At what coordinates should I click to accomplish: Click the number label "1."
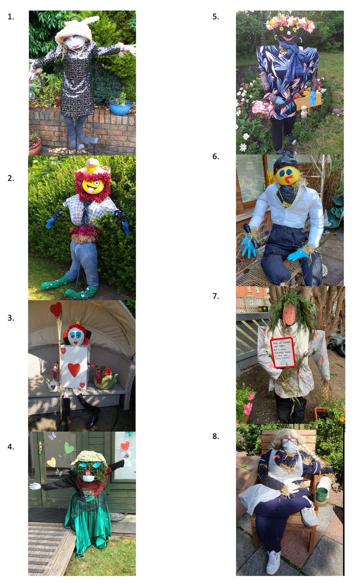(x=11, y=16)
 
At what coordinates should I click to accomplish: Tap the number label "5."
(x=216, y=16)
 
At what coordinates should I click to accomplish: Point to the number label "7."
(x=216, y=296)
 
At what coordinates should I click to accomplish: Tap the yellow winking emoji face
(x=93, y=186)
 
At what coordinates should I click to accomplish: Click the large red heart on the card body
(x=74, y=369)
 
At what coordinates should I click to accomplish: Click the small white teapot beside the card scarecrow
(x=52, y=385)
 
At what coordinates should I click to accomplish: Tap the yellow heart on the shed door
(x=52, y=462)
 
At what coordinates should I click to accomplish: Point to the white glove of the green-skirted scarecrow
(x=34, y=486)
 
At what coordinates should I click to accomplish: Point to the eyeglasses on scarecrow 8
(x=289, y=439)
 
